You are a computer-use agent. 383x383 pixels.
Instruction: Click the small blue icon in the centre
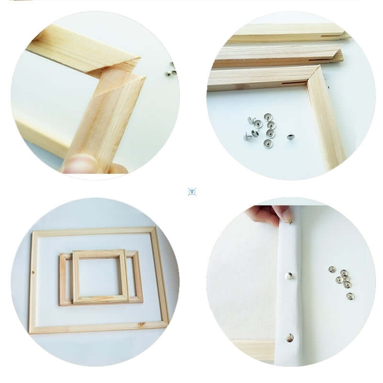pos(192,191)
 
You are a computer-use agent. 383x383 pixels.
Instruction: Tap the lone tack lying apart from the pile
pos(290,137)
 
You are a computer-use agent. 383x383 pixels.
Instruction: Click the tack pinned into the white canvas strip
pos(289,275)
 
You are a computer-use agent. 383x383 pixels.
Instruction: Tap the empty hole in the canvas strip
pos(290,338)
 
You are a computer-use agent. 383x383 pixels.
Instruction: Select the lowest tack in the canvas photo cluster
pos(350,296)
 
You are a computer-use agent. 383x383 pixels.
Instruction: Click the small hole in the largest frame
pos(33,273)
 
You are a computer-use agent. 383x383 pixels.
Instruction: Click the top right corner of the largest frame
pos(154,230)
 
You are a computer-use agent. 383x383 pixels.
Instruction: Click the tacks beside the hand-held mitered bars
pos(171,69)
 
